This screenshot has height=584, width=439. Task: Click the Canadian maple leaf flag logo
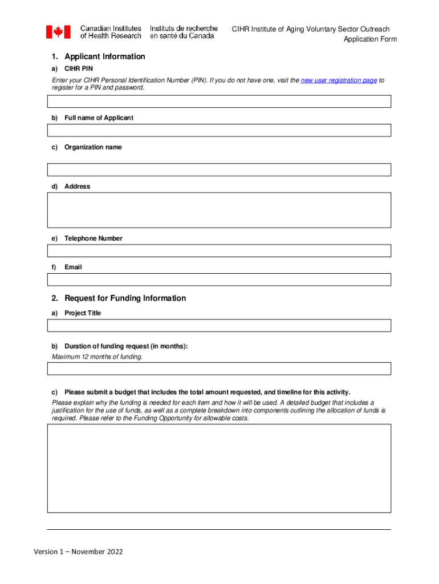click(58, 32)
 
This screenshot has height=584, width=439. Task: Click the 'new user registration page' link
click(338, 80)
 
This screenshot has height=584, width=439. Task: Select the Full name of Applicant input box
click(219, 130)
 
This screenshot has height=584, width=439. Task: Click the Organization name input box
click(219, 170)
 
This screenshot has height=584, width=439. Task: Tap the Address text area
click(219, 210)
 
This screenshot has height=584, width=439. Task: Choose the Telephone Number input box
click(219, 251)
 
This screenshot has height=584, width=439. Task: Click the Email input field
click(219, 279)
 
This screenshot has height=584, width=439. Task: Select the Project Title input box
click(219, 326)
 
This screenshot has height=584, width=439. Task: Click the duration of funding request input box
click(219, 368)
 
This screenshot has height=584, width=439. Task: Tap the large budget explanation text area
click(219, 468)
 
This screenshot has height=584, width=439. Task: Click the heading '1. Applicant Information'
click(104, 56)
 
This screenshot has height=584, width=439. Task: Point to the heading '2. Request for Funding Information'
click(125, 298)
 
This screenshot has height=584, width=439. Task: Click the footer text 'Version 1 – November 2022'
click(78, 551)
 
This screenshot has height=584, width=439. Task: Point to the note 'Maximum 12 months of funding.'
click(97, 357)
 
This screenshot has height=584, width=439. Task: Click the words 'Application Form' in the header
click(369, 39)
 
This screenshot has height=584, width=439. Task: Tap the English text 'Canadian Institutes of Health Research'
click(111, 32)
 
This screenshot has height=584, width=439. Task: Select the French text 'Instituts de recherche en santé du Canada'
click(183, 32)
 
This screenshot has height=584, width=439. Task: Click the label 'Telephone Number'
click(93, 238)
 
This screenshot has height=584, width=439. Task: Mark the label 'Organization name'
click(93, 147)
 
